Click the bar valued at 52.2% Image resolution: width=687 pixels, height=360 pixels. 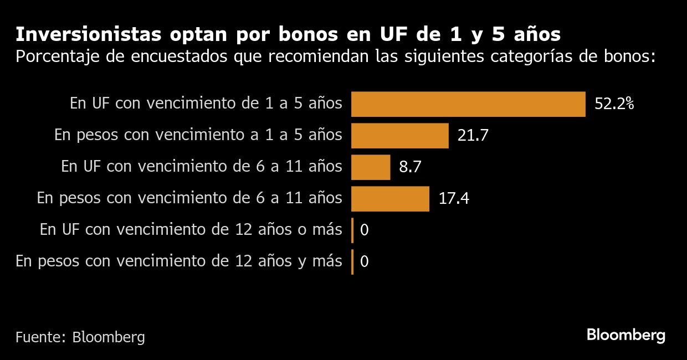(468, 104)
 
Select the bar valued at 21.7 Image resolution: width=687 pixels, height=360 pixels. (399, 136)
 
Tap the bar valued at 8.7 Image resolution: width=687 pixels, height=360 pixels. (371, 167)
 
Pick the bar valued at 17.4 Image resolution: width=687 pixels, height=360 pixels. (390, 199)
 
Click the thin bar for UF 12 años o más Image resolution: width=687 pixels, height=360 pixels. (352, 230)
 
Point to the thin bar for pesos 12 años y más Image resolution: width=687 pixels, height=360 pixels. (352, 262)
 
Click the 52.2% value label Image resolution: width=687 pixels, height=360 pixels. (613, 104)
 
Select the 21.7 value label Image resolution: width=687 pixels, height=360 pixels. (473, 136)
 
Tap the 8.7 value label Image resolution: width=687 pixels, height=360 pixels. (410, 167)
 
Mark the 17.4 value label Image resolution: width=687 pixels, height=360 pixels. (454, 199)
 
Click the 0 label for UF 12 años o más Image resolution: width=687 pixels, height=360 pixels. (364, 230)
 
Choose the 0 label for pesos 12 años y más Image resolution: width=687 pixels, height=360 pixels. (364, 262)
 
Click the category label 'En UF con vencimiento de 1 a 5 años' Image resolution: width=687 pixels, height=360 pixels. (206, 104)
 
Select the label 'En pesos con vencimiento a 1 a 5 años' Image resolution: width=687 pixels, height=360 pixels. (198, 135)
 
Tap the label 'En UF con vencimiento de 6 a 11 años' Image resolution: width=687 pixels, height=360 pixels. (201, 167)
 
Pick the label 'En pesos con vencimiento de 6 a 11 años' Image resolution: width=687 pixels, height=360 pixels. (189, 198)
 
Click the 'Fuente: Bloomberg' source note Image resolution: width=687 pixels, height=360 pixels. (80, 337)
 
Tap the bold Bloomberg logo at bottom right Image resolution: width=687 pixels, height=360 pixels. (626, 335)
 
